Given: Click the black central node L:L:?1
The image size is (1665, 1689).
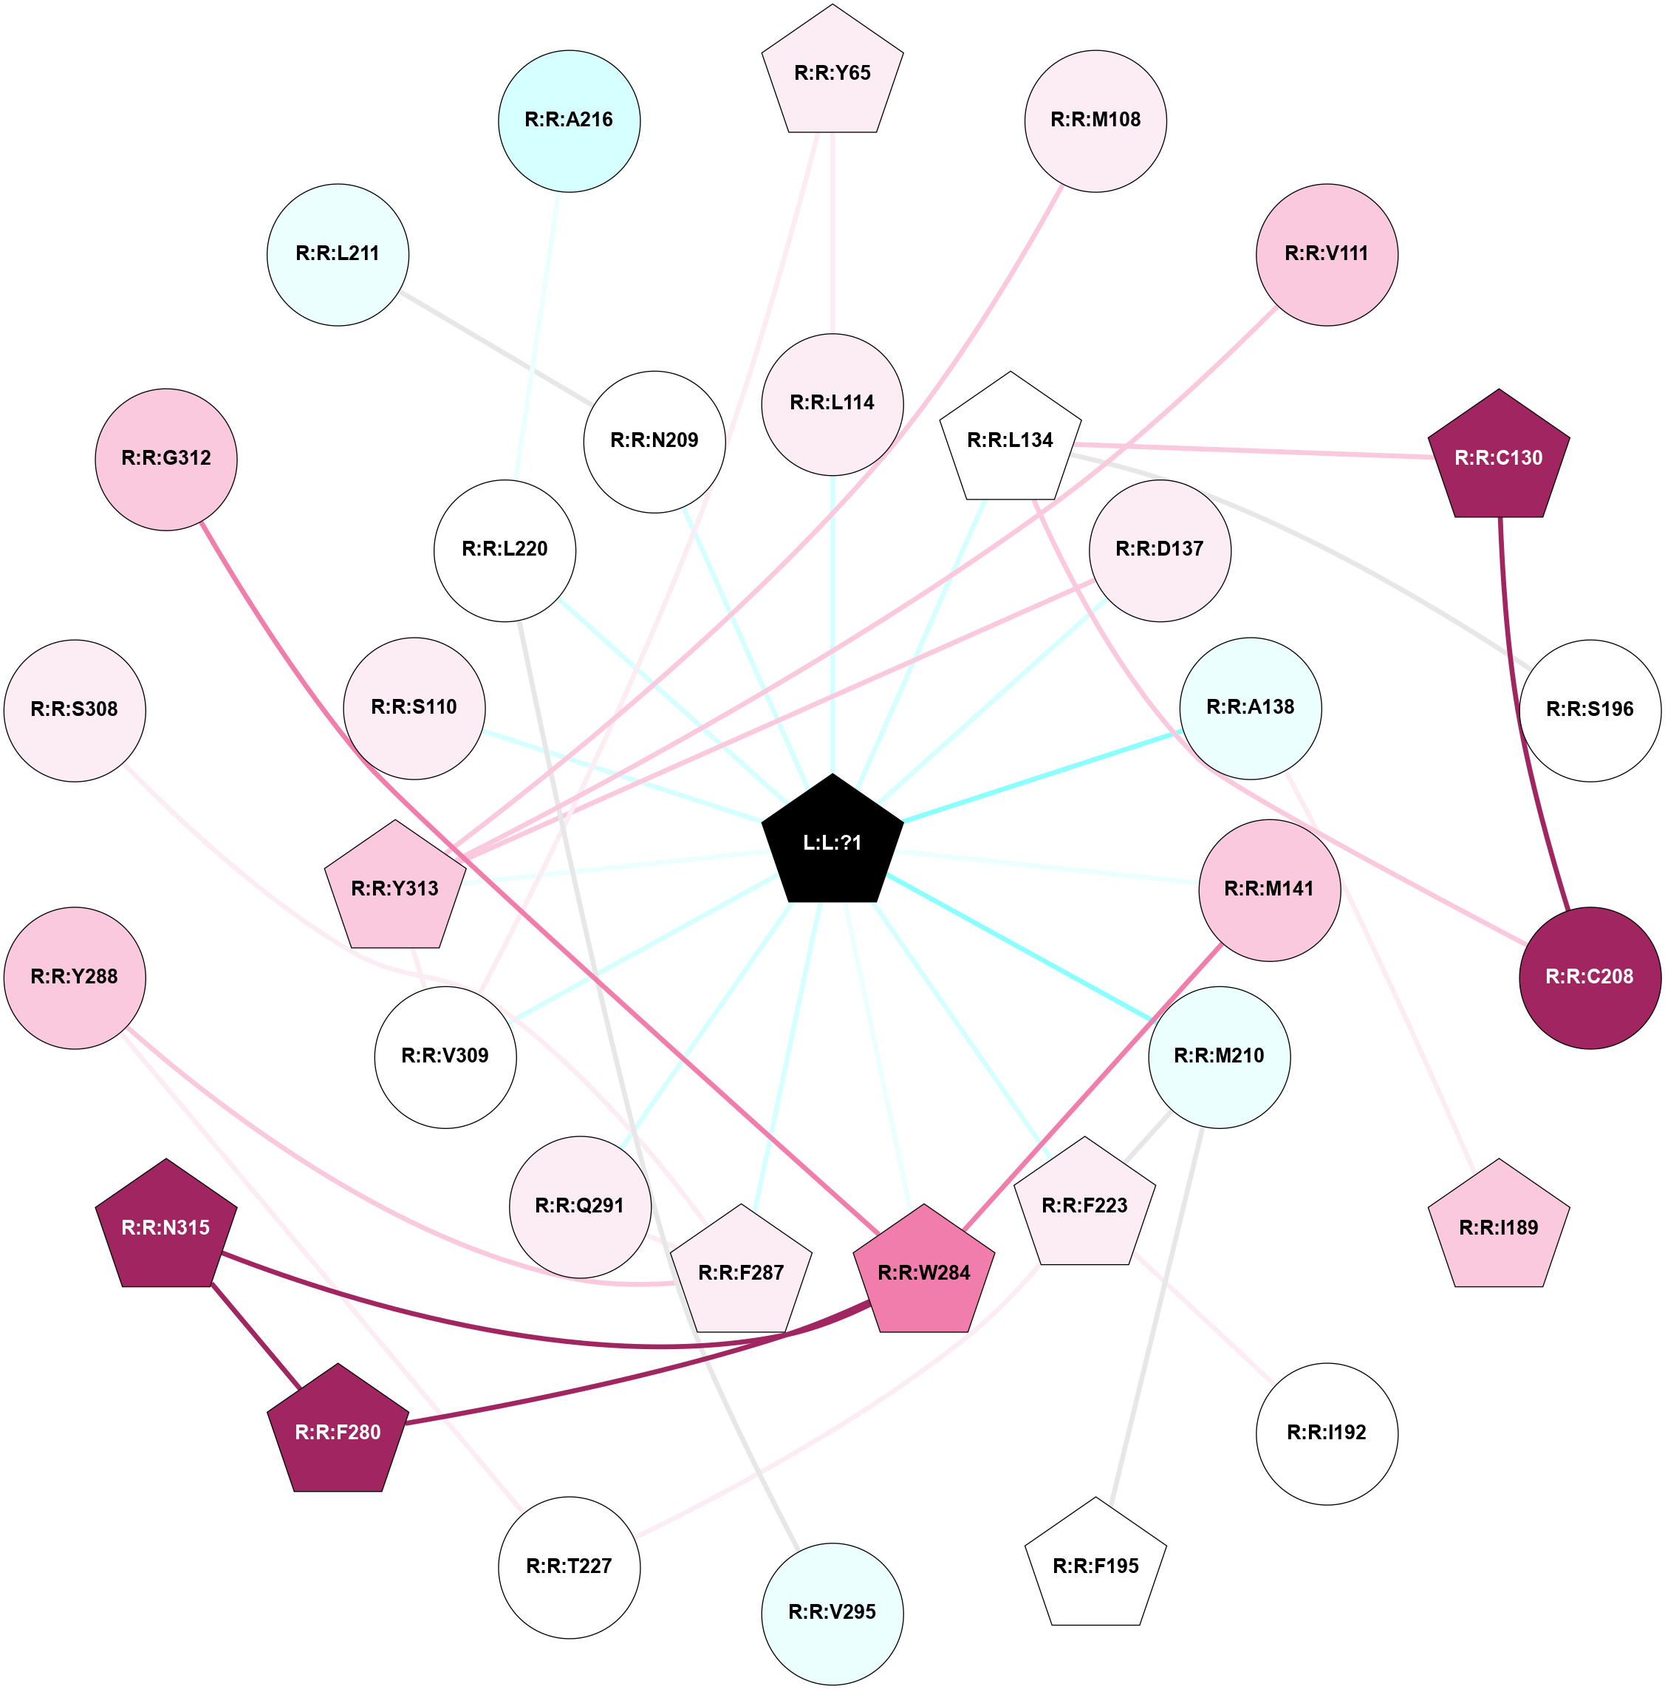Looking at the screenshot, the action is (x=832, y=841).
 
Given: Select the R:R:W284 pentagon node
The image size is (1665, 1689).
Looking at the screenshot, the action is (x=924, y=1272).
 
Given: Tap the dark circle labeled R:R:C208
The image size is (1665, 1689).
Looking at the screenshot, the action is (x=1590, y=977).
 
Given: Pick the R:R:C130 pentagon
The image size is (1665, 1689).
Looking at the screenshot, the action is (x=1499, y=457).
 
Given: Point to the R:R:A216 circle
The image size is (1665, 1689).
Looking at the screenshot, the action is (x=569, y=120).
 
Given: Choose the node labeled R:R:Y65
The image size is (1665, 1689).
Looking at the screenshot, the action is (x=832, y=72).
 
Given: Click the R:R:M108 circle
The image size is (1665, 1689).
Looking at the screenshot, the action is (x=1095, y=120).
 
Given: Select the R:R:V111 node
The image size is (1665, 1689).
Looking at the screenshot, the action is (x=1327, y=254).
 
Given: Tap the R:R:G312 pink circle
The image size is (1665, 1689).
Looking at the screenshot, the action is (x=166, y=459).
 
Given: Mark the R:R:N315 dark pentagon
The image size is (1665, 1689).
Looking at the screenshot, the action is (x=166, y=1226).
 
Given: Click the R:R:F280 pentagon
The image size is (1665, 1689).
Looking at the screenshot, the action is (x=338, y=1431).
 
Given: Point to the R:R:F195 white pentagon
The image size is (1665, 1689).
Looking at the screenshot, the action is (x=1095, y=1565).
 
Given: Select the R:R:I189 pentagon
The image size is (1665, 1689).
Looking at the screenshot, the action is (x=1499, y=1226).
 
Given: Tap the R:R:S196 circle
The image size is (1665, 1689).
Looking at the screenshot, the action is (x=1590, y=710).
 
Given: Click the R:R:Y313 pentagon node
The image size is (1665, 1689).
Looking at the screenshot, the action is (x=395, y=887).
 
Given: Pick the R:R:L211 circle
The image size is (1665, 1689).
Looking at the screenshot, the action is (x=338, y=254).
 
